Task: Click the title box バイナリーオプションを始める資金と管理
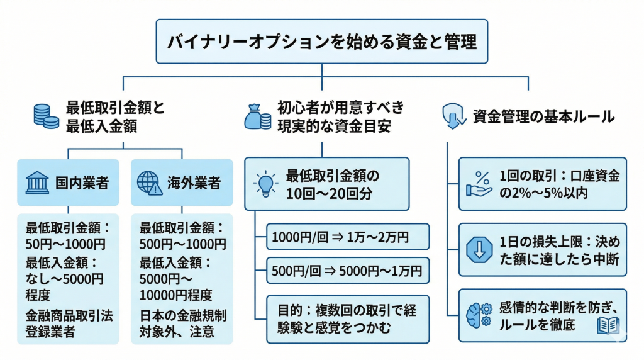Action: click(x=321, y=42)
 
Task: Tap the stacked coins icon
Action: click(x=46, y=116)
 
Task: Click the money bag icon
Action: click(x=257, y=116)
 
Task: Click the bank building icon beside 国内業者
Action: click(x=36, y=183)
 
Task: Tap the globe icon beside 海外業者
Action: click(x=150, y=183)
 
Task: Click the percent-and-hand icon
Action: click(x=480, y=183)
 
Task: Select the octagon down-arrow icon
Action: click(x=480, y=250)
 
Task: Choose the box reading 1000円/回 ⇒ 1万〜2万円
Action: click(x=348, y=237)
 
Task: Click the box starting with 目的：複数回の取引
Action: click(x=348, y=318)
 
